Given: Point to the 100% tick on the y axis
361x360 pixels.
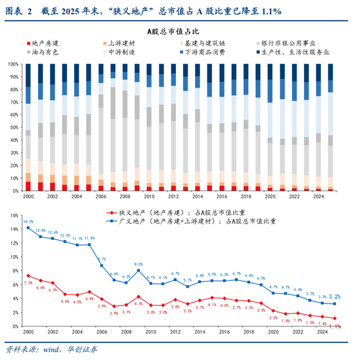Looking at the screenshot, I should pyautogui.click(x=14, y=64).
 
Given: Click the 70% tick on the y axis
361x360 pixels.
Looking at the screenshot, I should pyautogui.click(x=15, y=102).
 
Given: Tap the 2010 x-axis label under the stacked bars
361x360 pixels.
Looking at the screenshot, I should pyautogui.click(x=150, y=196).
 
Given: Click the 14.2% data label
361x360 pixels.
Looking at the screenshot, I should pyautogui.click(x=28, y=222).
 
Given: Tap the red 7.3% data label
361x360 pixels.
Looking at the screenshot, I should pyautogui.click(x=28, y=282).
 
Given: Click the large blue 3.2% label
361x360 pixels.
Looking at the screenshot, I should pyautogui.click(x=334, y=296).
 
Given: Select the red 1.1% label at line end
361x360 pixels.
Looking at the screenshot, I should pyautogui.click(x=335, y=326).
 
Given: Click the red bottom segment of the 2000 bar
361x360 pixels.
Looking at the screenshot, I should pyautogui.click(x=28, y=186).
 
